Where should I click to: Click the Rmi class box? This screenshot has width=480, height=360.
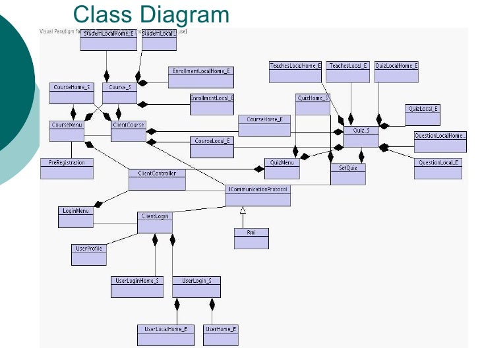[251, 238]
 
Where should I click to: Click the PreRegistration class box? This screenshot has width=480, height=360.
[67, 168]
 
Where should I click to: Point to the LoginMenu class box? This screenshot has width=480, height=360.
[76, 217]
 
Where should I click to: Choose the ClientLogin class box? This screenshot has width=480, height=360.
[155, 222]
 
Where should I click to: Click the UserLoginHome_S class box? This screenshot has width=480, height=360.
[136, 286]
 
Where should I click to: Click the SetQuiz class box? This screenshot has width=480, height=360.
[347, 173]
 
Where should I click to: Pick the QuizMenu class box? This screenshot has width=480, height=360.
[282, 168]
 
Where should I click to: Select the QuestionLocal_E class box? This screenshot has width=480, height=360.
[438, 168]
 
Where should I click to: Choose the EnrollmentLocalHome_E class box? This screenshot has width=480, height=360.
[202, 76]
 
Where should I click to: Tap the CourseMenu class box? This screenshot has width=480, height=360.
[67, 131]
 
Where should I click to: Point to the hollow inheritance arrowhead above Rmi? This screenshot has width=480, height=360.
[243, 210]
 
